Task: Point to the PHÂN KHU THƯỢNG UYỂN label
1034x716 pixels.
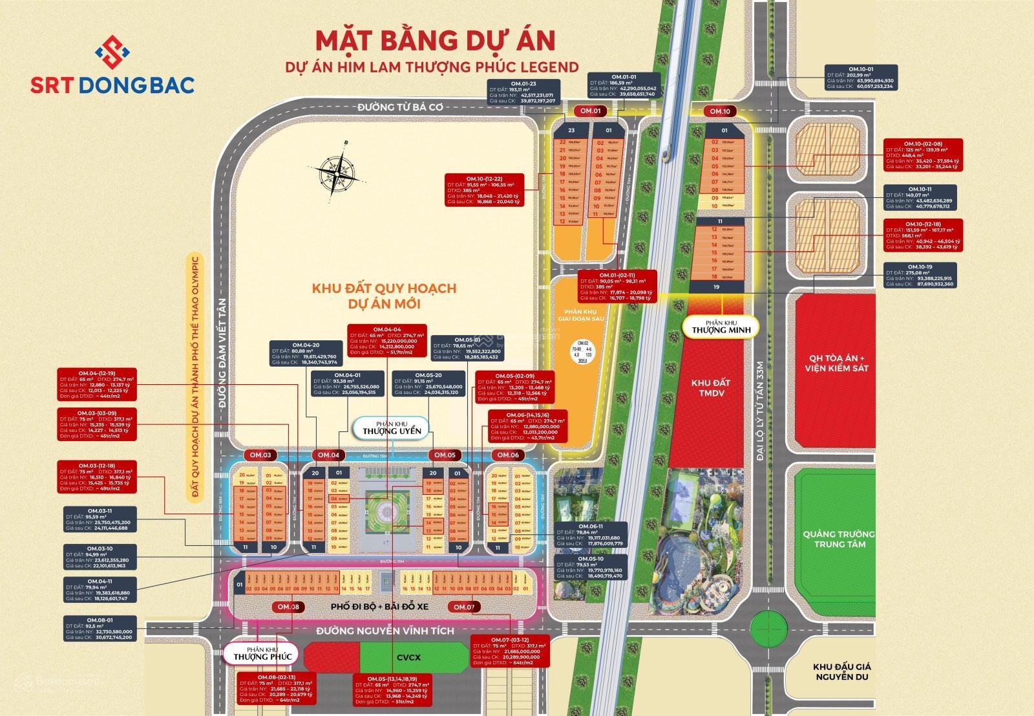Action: click(391, 428)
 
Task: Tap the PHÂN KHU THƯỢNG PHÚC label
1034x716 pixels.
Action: click(262, 654)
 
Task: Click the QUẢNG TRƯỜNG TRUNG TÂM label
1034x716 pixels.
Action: click(839, 539)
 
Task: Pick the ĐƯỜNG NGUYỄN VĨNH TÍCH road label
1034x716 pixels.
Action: click(385, 631)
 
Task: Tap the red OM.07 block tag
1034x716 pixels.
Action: click(463, 607)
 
